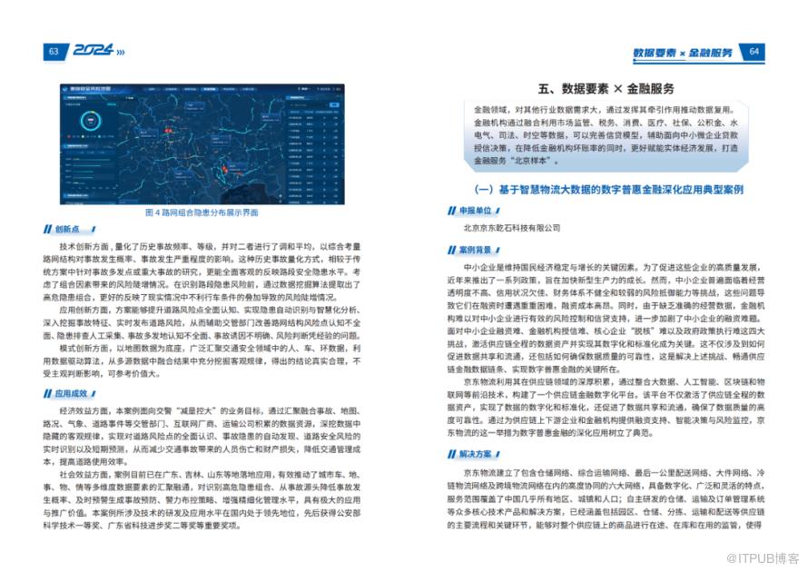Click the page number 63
point(54,52)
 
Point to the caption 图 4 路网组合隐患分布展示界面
point(201,212)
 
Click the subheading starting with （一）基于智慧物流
point(609,190)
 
